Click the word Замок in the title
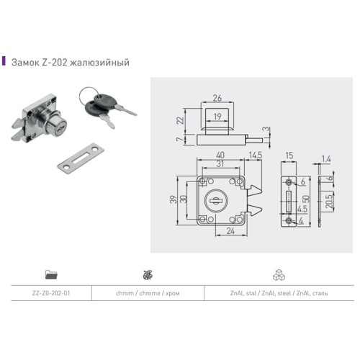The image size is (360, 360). [x=24, y=62]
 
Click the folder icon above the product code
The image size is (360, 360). [x=50, y=274]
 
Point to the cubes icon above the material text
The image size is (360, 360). [x=279, y=274]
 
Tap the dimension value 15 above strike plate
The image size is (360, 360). [x=287, y=155]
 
